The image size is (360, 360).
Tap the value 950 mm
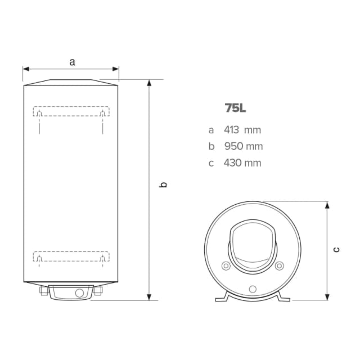click(243, 146)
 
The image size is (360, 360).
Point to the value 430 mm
click(243, 163)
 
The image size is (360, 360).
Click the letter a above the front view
click(71, 62)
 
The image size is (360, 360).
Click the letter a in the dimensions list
click(211, 130)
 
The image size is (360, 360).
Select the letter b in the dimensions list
click(211, 146)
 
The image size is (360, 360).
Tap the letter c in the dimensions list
click(211, 163)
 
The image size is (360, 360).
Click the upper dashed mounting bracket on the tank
click(71, 111)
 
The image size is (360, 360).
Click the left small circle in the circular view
click(226, 266)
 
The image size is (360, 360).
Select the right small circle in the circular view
click(280, 266)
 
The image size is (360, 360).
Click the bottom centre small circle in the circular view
click(253, 289)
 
